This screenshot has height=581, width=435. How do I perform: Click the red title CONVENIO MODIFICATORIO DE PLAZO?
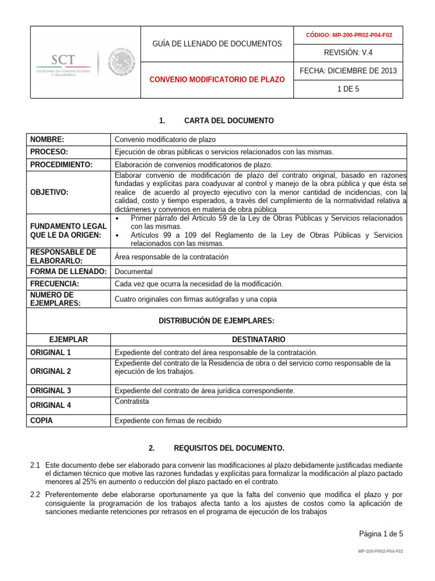216,80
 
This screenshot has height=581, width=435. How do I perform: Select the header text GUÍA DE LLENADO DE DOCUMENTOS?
217,44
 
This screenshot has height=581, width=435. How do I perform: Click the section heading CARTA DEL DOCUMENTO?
229,121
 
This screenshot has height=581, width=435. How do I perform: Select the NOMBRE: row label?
47,140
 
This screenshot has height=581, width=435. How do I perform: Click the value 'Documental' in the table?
133,272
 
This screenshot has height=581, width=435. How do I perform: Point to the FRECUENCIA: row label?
54,284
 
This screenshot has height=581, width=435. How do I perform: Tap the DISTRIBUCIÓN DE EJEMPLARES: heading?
217,321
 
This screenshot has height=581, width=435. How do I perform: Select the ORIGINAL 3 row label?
50,390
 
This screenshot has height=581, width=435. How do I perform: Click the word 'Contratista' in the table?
131,401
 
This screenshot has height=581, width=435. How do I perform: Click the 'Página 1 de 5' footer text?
381,533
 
